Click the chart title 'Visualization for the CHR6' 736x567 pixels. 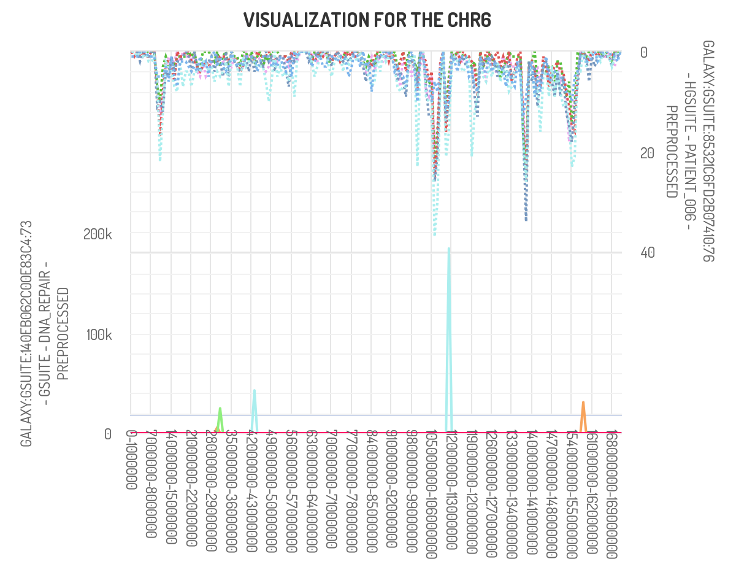(367, 20)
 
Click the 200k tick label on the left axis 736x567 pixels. (99, 234)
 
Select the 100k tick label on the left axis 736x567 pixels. (99, 335)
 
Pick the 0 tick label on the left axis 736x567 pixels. (107, 434)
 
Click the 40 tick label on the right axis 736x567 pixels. (647, 253)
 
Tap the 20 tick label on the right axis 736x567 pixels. (647, 153)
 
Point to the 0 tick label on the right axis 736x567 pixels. (644, 53)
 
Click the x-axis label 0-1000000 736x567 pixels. (131, 460)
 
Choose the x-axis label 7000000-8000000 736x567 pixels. (151, 484)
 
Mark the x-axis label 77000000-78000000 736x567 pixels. (351, 488)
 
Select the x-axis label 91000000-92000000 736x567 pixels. (391, 488)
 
